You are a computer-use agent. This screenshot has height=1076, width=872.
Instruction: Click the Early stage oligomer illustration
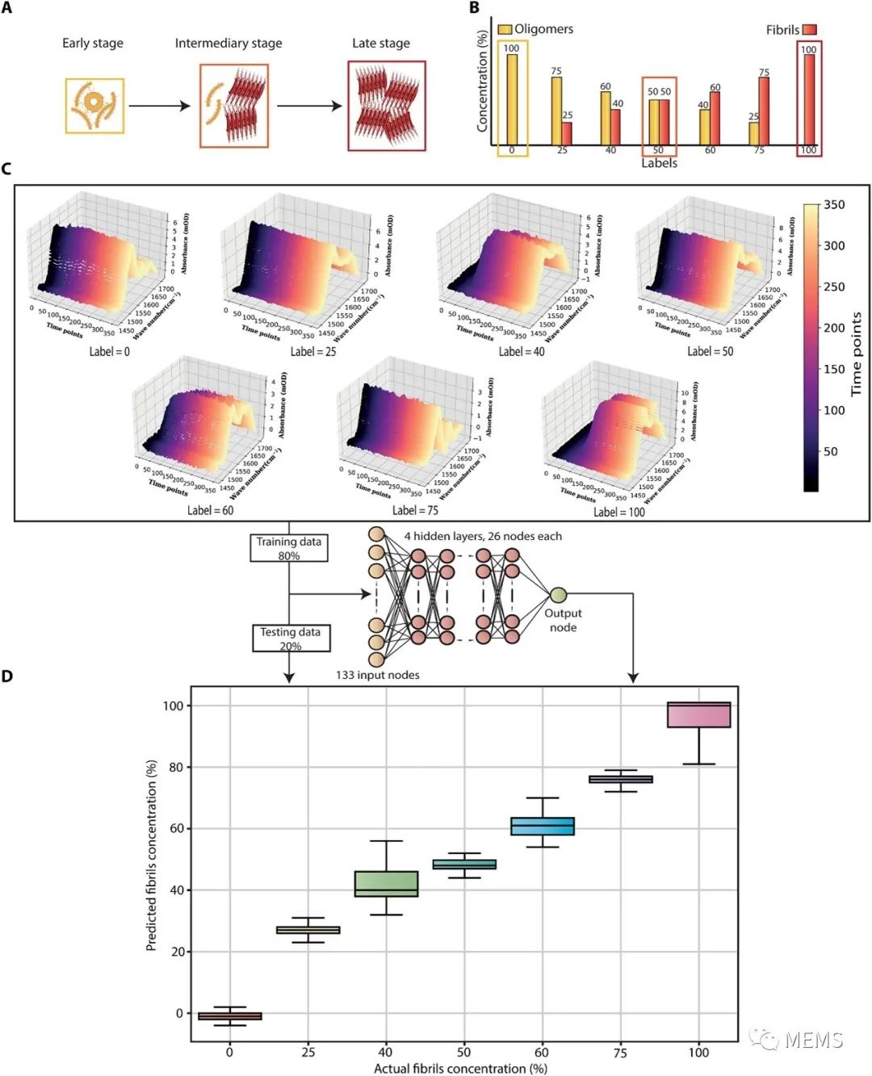tap(94, 106)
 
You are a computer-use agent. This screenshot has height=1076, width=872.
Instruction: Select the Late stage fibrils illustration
tap(386, 105)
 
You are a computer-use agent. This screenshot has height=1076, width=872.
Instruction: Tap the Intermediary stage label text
tap(228, 44)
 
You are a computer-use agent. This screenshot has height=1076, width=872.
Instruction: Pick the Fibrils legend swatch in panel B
tap(809, 30)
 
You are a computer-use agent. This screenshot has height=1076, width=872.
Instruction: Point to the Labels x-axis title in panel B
tap(659, 163)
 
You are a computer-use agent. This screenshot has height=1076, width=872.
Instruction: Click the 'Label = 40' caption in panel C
tap(522, 352)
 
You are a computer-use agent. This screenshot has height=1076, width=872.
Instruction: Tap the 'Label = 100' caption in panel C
tap(619, 513)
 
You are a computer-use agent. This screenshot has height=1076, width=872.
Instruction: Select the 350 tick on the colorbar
tap(834, 205)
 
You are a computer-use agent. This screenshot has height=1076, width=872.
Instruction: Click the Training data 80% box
tap(289, 548)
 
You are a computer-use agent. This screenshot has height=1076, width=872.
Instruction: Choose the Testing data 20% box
tap(291, 638)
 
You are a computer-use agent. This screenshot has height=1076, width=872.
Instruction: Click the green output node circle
tap(558, 596)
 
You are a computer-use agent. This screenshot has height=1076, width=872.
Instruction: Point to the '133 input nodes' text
tap(378, 675)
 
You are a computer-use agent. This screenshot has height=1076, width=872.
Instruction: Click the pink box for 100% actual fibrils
tap(698, 715)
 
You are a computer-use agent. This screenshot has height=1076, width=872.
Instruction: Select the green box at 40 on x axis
tap(387, 884)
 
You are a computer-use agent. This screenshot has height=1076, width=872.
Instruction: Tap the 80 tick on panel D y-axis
tap(175, 768)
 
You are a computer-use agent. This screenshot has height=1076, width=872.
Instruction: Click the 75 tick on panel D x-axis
tap(620, 1053)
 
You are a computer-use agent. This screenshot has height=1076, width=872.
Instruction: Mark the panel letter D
tap(7, 676)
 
